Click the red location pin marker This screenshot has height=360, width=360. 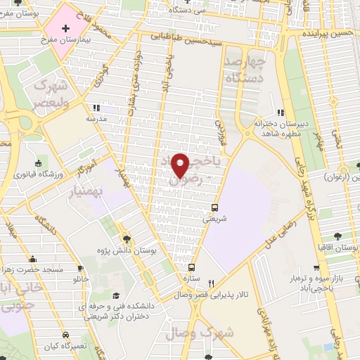[181, 165]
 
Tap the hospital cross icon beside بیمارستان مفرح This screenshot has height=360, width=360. [65, 28]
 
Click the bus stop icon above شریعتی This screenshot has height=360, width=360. [215, 207]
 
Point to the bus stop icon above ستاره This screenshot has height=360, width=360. [191, 268]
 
